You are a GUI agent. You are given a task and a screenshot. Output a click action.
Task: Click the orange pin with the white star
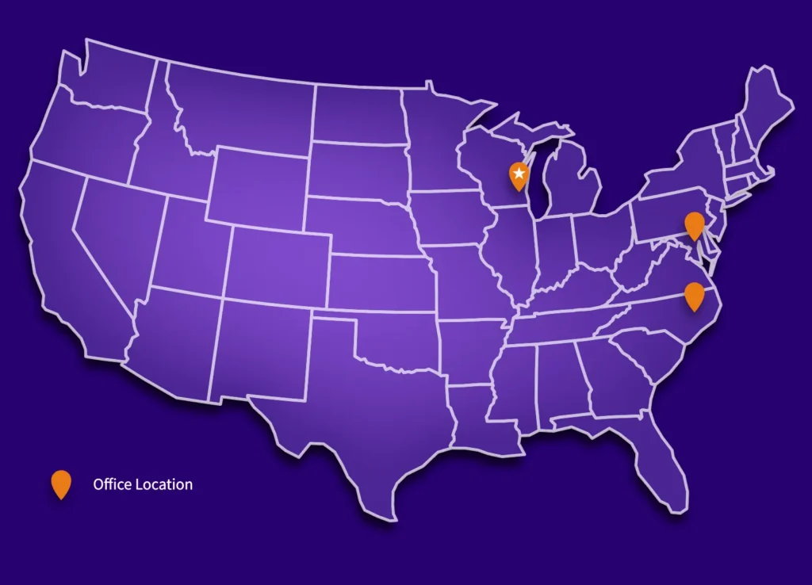519,174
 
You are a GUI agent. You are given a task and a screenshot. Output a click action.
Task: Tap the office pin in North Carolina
694,295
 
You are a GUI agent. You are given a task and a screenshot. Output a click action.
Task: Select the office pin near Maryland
694,225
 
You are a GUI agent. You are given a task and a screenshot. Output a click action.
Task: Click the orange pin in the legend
61,484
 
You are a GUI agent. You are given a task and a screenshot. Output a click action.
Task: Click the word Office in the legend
112,484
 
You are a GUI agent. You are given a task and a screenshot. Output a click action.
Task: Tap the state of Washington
107,79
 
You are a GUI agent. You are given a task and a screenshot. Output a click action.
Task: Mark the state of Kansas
381,281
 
